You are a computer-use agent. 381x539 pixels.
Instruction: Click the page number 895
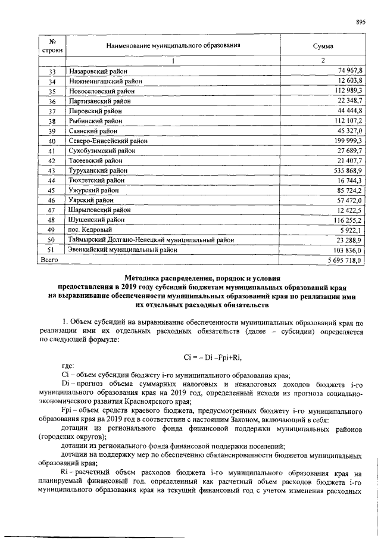pyautogui.click(x=360, y=22)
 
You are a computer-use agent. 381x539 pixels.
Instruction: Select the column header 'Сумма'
pyautogui.click(x=323, y=46)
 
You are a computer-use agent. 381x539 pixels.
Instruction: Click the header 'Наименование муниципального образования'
pyautogui.click(x=173, y=46)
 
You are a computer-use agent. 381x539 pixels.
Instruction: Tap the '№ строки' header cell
pyautogui.click(x=52, y=46)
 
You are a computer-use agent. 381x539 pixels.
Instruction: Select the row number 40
pyautogui.click(x=52, y=141)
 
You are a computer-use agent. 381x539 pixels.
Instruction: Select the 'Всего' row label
pyautogui.click(x=48, y=260)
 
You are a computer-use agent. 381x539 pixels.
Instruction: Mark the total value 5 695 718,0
pyautogui.click(x=344, y=260)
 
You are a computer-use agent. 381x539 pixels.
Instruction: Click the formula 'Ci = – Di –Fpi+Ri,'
pyautogui.click(x=211, y=357)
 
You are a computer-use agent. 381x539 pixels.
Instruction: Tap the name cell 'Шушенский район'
pyautogui.click(x=93, y=220)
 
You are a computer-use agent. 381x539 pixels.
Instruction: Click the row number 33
pyautogui.click(x=52, y=71)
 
